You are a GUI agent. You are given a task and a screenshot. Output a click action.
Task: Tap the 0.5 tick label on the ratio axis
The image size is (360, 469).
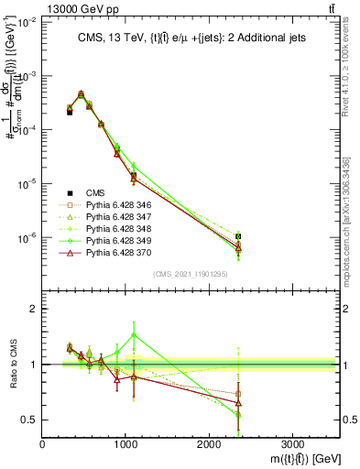coord(29,420)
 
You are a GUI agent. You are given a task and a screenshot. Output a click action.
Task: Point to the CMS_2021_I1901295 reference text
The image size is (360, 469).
coord(191,273)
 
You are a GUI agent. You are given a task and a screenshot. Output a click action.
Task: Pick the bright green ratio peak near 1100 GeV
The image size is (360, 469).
coord(134,334)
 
